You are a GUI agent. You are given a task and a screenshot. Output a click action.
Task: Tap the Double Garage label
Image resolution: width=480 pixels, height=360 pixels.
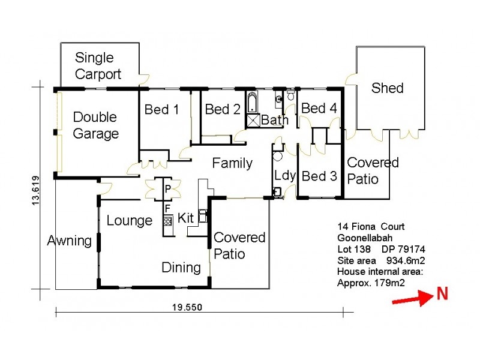tap(95, 125)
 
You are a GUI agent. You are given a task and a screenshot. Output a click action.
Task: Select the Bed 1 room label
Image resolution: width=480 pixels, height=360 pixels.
tap(161, 110)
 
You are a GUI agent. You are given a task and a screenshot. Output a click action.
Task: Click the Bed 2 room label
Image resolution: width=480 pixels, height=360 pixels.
tap(222, 109)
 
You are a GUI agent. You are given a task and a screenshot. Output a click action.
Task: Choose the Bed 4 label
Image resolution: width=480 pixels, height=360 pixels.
tap(319, 109)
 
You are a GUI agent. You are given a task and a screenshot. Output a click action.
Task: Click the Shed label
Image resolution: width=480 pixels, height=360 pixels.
tap(387, 88)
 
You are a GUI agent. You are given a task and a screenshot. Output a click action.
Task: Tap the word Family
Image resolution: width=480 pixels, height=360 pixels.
tap(232, 163)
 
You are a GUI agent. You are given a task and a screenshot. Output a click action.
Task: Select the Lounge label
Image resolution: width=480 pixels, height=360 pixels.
tap(130, 220)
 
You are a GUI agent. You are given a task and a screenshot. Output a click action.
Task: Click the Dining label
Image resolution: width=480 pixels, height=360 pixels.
tap(181, 267)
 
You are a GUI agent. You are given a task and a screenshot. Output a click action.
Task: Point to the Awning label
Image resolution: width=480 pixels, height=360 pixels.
tap(70, 241)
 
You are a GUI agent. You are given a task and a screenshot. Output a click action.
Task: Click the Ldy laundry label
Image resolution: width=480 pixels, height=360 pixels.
tap(284, 175)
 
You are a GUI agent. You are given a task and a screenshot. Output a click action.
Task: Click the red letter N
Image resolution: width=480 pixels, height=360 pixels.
tap(442, 293)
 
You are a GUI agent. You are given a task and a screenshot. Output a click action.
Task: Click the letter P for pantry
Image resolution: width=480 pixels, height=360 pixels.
tap(168, 189)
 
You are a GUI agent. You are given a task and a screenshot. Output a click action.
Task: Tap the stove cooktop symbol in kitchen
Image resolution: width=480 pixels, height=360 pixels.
tap(167, 220)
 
